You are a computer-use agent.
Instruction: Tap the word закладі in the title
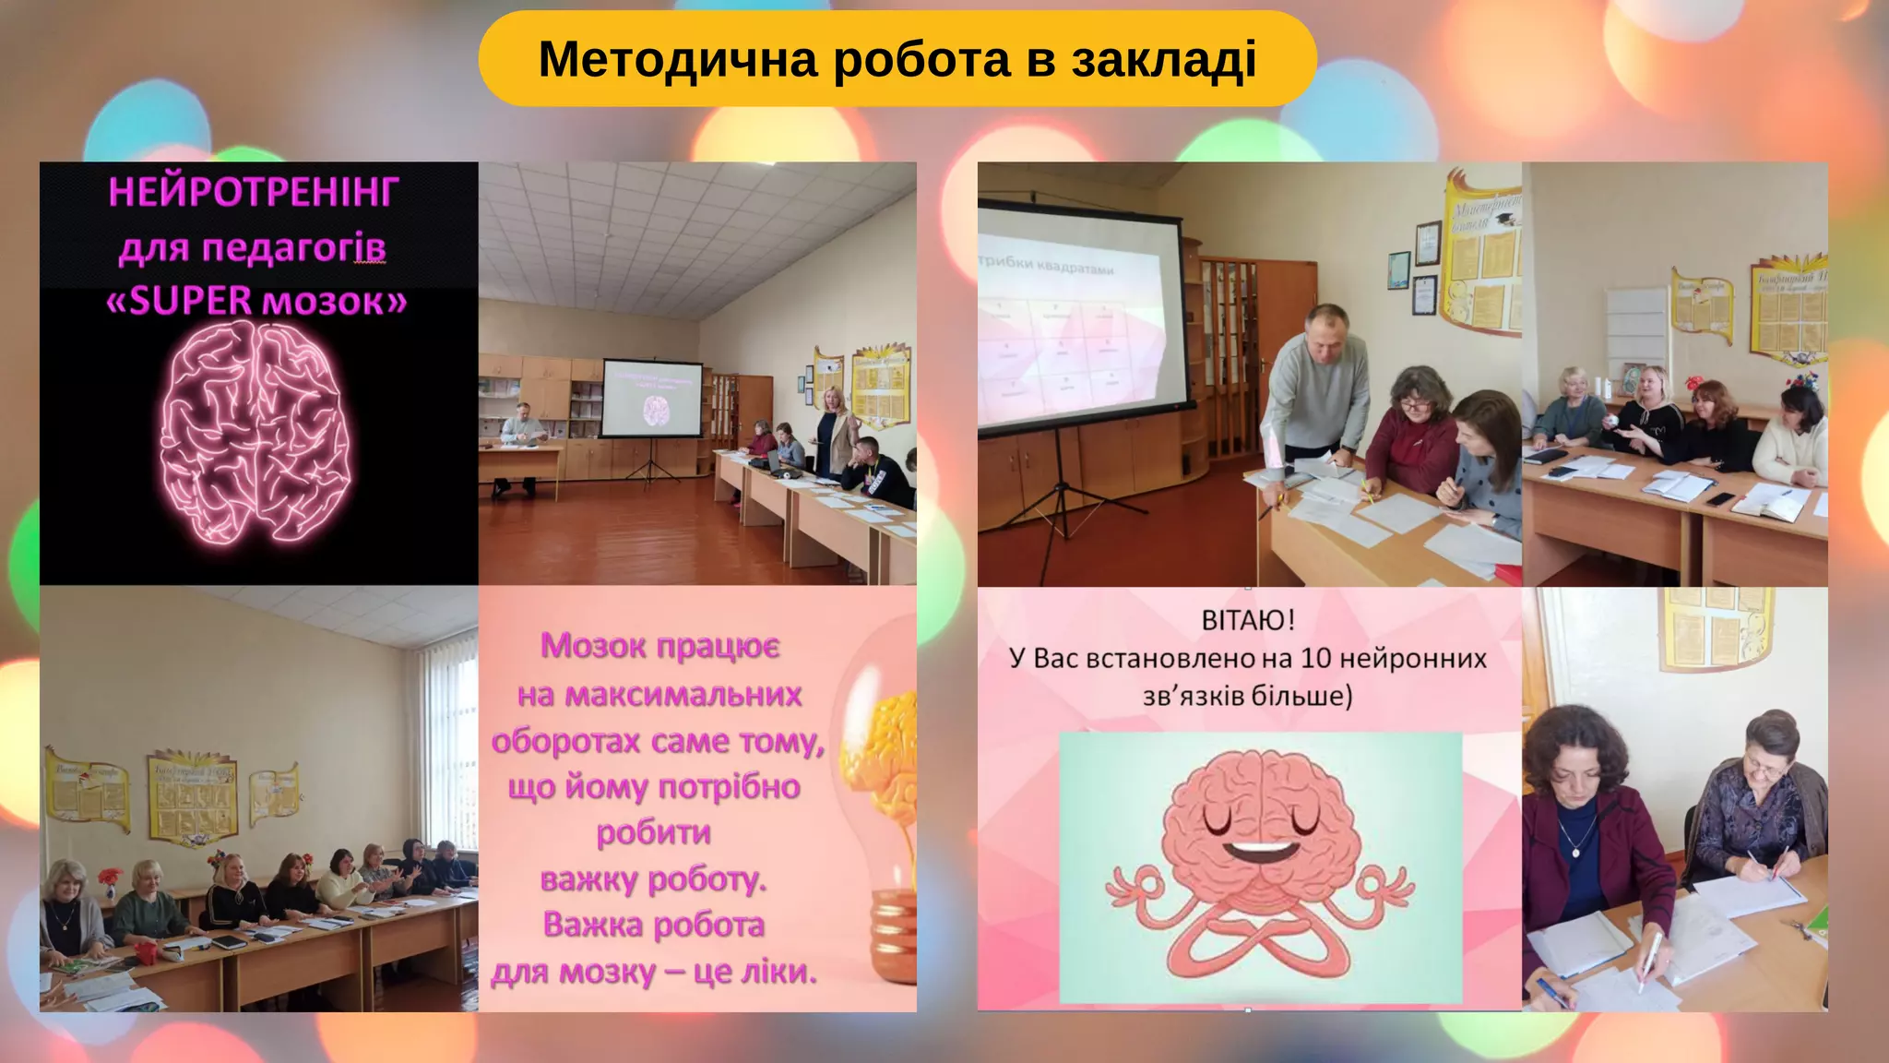click(x=1163, y=60)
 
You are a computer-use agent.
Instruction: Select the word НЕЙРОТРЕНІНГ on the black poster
click(x=254, y=193)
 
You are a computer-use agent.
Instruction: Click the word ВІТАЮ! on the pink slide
click(x=1248, y=620)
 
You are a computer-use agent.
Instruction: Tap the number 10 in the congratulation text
click(x=1315, y=659)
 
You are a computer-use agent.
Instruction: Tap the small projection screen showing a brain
click(x=651, y=398)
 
